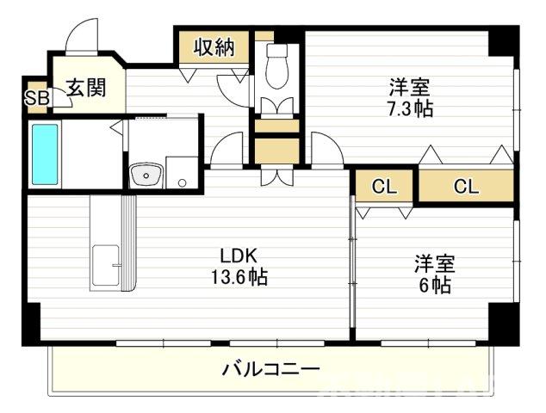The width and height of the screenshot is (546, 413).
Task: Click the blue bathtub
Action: coord(45,154)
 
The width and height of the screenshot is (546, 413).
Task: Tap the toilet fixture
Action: coord(277,64)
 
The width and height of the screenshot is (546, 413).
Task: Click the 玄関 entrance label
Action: coord(86,87)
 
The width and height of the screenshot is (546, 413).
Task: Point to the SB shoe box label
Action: coord(36,97)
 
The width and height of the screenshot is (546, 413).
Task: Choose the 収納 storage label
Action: coord(214,47)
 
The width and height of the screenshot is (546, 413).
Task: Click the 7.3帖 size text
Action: coord(411,109)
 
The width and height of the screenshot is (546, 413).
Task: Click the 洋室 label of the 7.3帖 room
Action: coord(409,88)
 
